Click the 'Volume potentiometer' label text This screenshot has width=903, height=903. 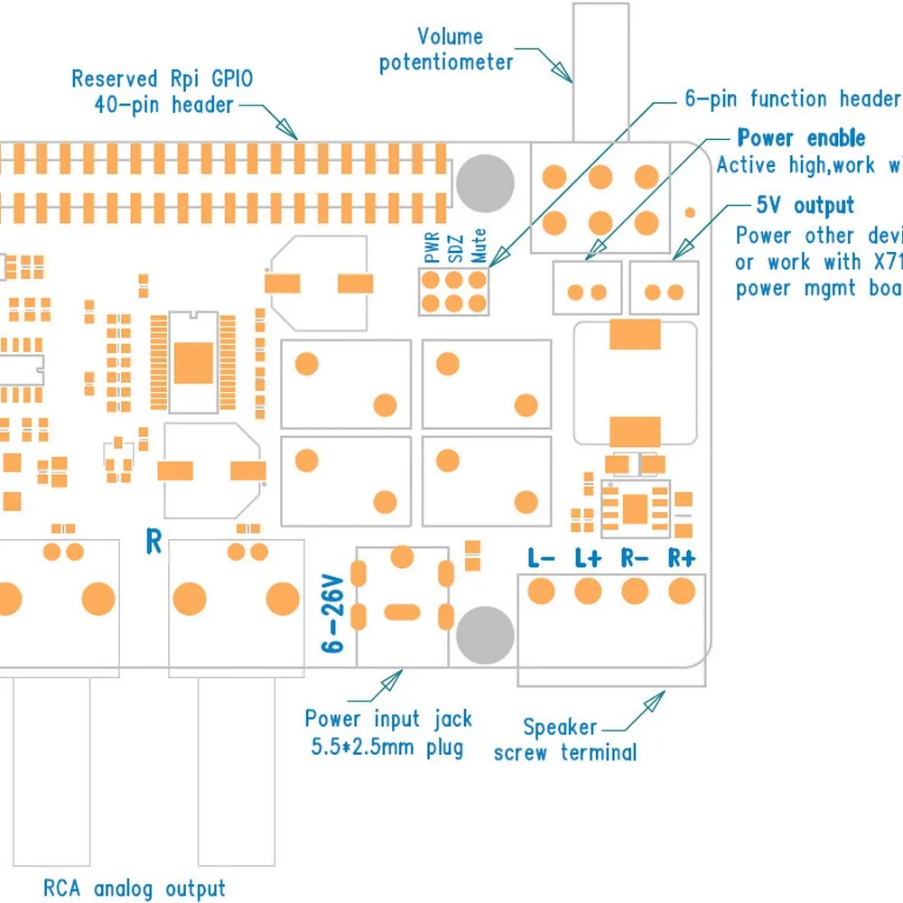click(x=446, y=50)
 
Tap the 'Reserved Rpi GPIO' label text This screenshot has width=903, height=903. click(x=163, y=79)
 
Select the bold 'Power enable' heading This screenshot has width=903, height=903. click(x=801, y=138)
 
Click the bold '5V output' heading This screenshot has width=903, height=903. click(x=805, y=206)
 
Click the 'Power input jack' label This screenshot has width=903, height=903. click(x=387, y=720)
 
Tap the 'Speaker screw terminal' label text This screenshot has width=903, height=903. click(x=563, y=740)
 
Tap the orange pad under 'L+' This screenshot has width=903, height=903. click(x=588, y=591)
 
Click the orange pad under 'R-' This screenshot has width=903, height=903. click(x=635, y=591)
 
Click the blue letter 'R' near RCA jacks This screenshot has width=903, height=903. click(x=154, y=542)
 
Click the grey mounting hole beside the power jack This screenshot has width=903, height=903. click(x=485, y=633)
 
